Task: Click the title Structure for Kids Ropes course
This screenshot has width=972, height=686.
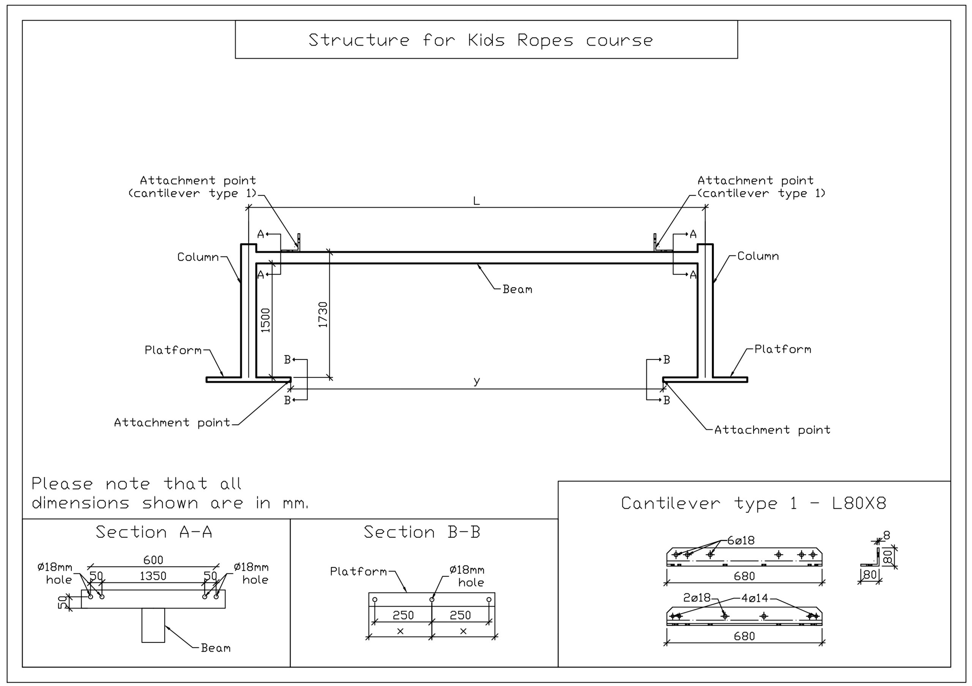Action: coord(481,40)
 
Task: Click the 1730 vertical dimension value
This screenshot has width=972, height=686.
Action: coord(323,315)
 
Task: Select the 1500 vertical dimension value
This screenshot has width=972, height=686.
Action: coord(265,320)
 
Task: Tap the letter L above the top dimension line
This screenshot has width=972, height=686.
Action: coord(476,201)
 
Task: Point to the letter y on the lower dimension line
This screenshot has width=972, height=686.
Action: coord(477,381)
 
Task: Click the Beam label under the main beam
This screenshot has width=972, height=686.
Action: coord(518,289)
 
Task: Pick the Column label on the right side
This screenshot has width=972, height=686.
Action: coord(758,256)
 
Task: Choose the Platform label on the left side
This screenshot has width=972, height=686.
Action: coord(173,350)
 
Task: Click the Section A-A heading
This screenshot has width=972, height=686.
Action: coord(154,532)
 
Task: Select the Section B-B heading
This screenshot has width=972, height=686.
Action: coord(422,532)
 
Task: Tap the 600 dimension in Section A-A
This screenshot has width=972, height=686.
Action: coord(153,560)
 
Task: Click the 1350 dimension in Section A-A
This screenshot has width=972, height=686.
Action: coord(153,576)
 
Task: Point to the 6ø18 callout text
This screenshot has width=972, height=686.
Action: coord(741,540)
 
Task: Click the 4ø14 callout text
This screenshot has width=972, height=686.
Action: coord(754,598)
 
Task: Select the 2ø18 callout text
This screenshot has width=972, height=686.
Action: coord(697,598)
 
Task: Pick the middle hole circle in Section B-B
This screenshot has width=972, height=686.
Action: coord(432,599)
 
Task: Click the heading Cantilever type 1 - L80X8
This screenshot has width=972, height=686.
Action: coord(754,503)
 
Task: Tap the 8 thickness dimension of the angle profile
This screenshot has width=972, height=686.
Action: coord(887,535)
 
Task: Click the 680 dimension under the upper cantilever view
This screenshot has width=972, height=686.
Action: coord(744,576)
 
